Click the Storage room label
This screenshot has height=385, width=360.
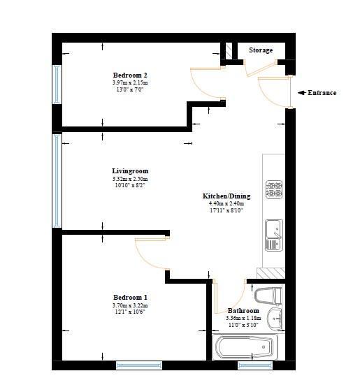pyautogui.click(x=261, y=50)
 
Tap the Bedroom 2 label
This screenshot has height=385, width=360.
pyautogui.click(x=130, y=75)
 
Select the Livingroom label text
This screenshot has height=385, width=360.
pyautogui.click(x=130, y=171)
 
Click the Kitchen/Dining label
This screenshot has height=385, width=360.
pyautogui.click(x=226, y=196)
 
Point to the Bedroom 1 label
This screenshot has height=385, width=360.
pyautogui.click(x=130, y=298)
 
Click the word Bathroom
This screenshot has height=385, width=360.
pyautogui.click(x=243, y=311)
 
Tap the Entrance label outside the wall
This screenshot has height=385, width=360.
pyautogui.click(x=322, y=93)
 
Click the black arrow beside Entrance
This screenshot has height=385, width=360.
pyautogui.click(x=302, y=93)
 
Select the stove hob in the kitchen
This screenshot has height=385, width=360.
pyautogui.click(x=274, y=189)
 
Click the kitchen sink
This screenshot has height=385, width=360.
pyautogui.click(x=274, y=235)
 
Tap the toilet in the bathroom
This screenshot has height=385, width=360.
pyautogui.click(x=268, y=296)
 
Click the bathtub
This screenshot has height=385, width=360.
pyautogui.click(x=245, y=347)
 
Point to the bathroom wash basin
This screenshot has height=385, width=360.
pyautogui.click(x=275, y=319)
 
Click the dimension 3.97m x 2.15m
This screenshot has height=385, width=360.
pyautogui.click(x=130, y=82)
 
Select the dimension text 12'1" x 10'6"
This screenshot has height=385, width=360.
pyautogui.click(x=130, y=312)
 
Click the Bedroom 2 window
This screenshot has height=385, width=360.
pyautogui.click(x=57, y=85)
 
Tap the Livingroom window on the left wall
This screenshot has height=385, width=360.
pyautogui.click(x=57, y=181)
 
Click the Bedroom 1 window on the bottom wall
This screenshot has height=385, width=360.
pyautogui.click(x=139, y=365)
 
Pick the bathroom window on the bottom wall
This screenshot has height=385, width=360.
pyautogui.click(x=255, y=365)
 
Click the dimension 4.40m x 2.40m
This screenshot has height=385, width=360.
pyautogui.click(x=226, y=203)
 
